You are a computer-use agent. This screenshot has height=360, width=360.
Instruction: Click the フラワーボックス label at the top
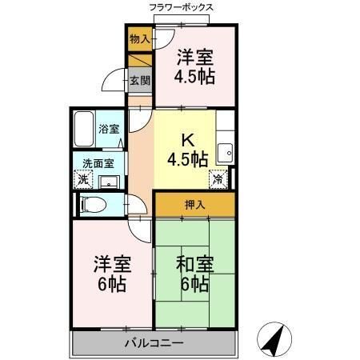(181, 7)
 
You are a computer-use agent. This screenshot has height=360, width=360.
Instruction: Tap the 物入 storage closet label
(140, 38)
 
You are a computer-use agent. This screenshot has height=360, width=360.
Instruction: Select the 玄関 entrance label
(141, 79)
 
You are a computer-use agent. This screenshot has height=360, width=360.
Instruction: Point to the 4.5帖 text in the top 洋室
(195, 78)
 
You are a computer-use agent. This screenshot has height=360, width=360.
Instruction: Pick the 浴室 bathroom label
(108, 128)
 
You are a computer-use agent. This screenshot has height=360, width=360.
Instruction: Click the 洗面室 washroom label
(100, 163)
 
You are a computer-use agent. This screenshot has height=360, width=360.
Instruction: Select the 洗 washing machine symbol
(83, 180)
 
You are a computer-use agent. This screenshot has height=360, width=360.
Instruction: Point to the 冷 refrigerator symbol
(217, 178)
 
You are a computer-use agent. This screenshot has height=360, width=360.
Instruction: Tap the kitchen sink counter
(226, 148)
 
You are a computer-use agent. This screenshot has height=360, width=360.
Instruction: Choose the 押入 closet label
(195, 205)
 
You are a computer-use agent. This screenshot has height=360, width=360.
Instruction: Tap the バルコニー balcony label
(154, 343)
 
